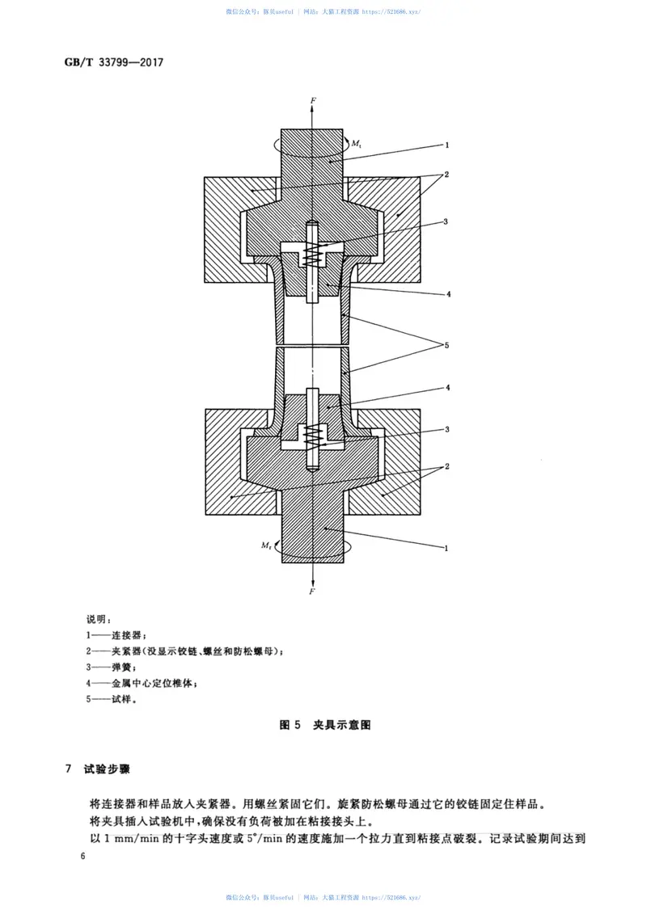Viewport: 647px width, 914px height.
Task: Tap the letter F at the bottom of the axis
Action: [312, 592]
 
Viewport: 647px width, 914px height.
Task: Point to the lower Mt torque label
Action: [266, 546]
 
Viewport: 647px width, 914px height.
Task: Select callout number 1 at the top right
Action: [446, 145]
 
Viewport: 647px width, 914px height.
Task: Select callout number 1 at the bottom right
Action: [446, 547]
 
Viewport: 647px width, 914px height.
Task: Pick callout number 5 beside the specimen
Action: [446, 345]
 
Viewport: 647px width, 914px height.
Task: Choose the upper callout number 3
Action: [446, 221]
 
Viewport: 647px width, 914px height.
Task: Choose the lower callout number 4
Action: [446, 388]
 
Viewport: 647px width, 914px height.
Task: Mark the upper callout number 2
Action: [446, 174]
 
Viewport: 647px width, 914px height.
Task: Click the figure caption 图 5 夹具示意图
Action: [324, 725]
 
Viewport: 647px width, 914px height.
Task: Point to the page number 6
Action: [82, 857]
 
